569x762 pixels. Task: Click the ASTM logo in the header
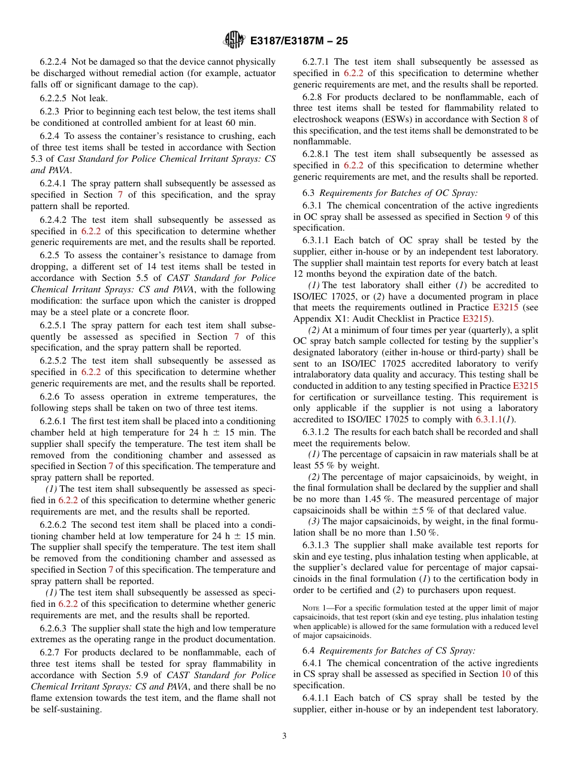234,40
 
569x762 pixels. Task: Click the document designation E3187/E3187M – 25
298,41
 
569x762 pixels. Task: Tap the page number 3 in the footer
284,736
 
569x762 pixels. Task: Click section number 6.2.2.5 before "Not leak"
54,98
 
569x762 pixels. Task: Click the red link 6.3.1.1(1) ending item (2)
496,419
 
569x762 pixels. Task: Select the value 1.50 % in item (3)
426,533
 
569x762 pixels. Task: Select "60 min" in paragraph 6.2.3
262,123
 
